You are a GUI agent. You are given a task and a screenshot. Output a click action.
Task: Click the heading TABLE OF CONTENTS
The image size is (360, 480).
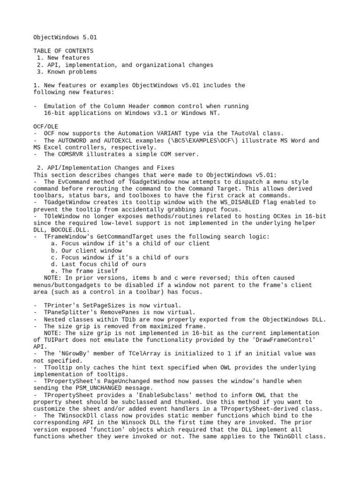click(63, 51)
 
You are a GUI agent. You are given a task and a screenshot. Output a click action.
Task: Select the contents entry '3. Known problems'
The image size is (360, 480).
click(67, 72)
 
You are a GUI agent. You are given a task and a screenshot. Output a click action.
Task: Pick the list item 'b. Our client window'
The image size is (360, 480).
click(87, 251)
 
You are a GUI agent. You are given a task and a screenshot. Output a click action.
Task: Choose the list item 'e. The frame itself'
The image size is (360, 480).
click(85, 271)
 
